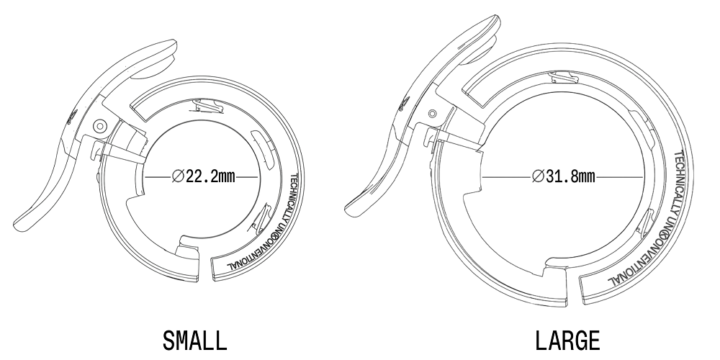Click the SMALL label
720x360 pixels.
[194, 341]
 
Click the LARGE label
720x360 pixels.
[567, 341]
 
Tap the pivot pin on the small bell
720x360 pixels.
[99, 125]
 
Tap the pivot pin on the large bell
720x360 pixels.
[432, 114]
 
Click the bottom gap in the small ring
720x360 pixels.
[205, 269]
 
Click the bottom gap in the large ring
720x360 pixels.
[572, 289]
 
